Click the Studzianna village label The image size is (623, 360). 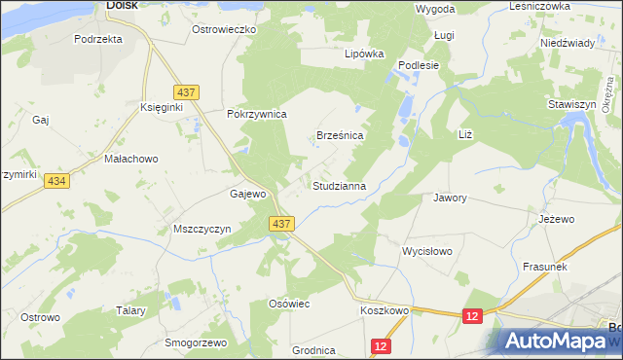click(339, 185)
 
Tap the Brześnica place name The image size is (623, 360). click(340, 137)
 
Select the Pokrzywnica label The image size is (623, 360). click(256, 114)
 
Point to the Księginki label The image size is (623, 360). click(162, 107)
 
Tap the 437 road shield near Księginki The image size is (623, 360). click(189, 92)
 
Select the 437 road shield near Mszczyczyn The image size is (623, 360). click(281, 224)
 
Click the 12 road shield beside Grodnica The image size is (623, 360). click(381, 345)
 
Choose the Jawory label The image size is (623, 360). click(450, 198)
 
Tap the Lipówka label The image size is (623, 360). click(365, 54)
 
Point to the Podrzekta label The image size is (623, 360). click(97, 40)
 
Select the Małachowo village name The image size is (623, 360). click(130, 158)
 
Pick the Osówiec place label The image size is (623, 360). click(288, 305)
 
